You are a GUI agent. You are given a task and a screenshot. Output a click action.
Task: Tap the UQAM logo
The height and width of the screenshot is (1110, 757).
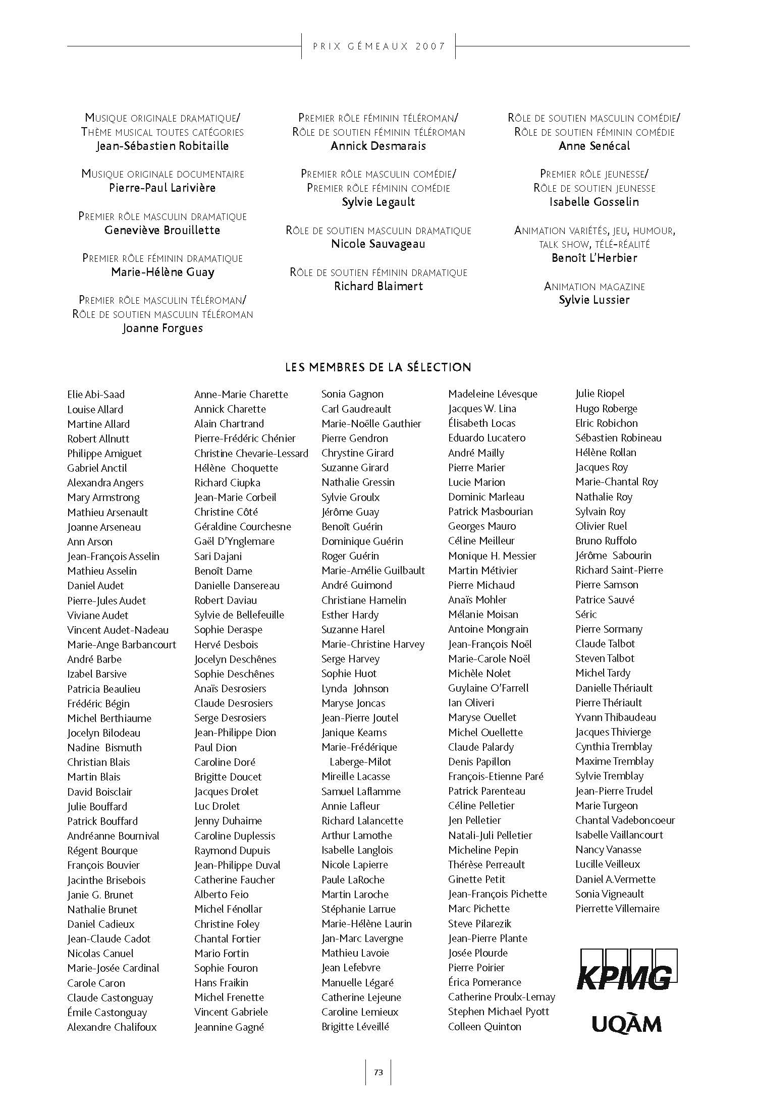626,1025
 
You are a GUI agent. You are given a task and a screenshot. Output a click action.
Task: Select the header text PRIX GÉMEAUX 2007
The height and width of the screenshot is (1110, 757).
379,46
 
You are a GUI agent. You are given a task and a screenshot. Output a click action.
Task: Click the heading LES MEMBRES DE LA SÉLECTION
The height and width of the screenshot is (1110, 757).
378,367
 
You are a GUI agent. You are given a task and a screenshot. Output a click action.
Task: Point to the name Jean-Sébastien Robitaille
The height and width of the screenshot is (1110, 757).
163,146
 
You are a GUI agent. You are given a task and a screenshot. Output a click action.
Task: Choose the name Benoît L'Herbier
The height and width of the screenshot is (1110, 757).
594,258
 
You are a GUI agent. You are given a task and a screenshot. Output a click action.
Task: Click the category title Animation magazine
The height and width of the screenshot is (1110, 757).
594,287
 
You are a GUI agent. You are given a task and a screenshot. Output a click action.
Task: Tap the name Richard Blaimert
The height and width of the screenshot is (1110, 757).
379,286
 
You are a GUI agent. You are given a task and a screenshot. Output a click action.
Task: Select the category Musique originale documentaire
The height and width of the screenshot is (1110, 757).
163,174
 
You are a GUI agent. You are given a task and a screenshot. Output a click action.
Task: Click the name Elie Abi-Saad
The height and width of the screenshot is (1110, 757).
96,395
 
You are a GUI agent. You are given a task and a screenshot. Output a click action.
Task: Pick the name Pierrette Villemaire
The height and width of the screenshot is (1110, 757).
617,908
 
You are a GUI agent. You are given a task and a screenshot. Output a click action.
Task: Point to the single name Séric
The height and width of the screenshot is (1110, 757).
586,614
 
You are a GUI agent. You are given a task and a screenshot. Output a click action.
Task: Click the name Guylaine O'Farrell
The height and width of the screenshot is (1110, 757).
489,688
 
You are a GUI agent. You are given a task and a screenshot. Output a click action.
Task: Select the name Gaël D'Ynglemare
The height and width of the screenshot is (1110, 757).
234,541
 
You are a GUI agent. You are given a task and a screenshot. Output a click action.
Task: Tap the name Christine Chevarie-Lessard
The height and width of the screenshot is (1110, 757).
251,453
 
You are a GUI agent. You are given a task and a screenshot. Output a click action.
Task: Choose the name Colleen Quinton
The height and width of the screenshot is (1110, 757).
484,1026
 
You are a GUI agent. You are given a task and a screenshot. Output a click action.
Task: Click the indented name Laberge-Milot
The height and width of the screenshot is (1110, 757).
360,762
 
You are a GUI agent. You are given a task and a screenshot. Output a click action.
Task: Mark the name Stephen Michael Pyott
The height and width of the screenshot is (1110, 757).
498,1012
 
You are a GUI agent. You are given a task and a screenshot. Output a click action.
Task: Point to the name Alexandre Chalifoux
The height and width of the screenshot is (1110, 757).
112,1027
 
